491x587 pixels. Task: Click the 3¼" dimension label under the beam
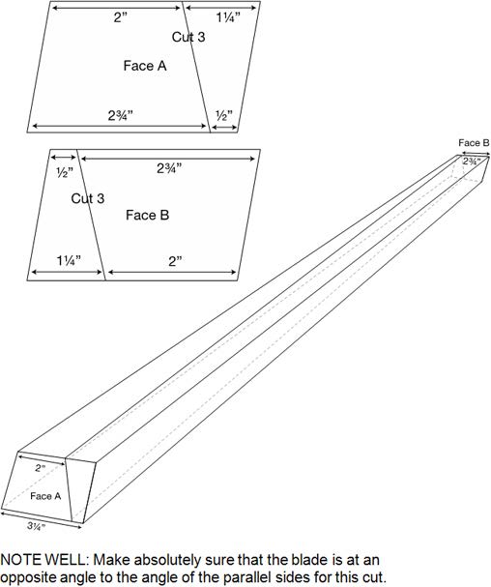[37, 526]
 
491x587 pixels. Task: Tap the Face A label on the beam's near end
[45, 496]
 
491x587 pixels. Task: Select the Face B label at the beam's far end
[474, 142]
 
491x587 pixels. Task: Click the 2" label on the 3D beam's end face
[40, 468]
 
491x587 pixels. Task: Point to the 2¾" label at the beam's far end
[472, 161]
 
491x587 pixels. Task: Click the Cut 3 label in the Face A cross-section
[188, 37]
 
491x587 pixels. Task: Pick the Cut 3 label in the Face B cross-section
[88, 198]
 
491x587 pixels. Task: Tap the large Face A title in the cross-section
[145, 66]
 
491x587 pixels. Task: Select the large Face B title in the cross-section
[148, 216]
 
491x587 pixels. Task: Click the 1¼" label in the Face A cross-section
[228, 17]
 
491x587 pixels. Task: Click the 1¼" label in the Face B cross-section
[69, 260]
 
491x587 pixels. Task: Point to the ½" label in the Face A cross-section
[224, 115]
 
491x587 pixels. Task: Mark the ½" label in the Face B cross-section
[65, 172]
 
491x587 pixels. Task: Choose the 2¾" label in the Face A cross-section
[121, 115]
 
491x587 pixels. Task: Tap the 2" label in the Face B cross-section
[175, 261]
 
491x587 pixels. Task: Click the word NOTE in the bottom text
[21, 560]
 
